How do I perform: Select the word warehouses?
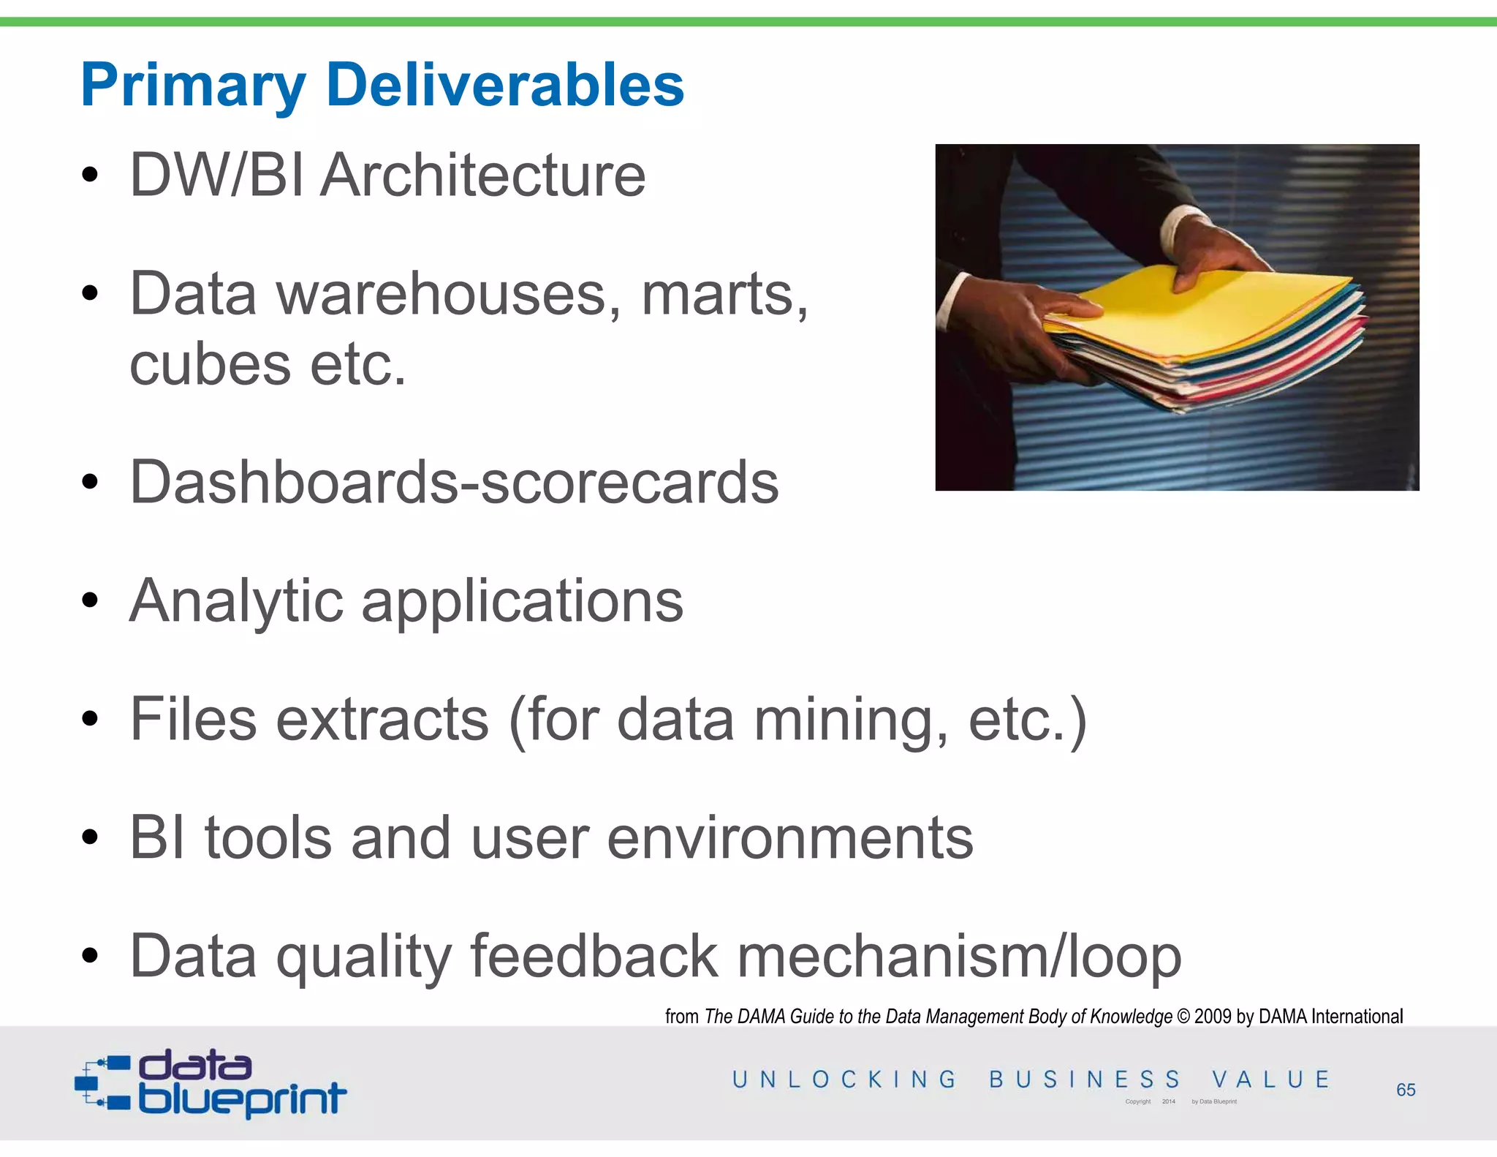click(x=448, y=294)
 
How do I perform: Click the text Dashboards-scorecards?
click(x=454, y=483)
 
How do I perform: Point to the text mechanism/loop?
click(x=959, y=957)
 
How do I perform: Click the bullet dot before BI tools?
click(x=90, y=838)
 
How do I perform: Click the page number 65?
click(x=1405, y=1090)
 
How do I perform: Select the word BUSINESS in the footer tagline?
click(x=1085, y=1079)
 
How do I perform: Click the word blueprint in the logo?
click(x=241, y=1098)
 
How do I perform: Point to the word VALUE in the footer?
click(x=1270, y=1079)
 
